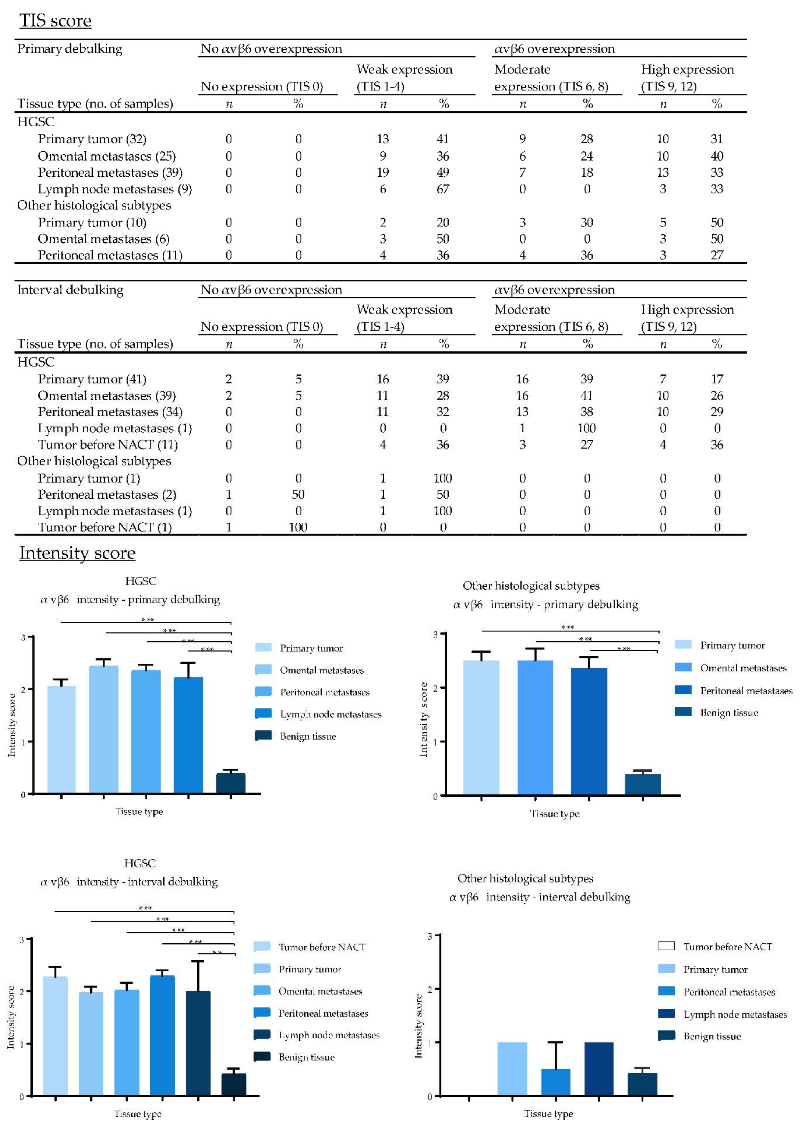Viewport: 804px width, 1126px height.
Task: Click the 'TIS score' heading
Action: [x=55, y=21]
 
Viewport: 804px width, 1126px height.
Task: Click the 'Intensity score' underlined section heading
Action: [x=77, y=553]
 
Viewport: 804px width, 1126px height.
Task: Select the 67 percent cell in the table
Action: [x=443, y=189]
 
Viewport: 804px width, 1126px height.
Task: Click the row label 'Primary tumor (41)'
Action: [x=92, y=379]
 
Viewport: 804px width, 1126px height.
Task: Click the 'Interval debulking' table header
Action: [x=70, y=289]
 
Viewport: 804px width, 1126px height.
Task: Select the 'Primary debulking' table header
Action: [x=70, y=48]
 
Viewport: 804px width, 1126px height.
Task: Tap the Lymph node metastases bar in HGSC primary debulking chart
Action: [x=188, y=735]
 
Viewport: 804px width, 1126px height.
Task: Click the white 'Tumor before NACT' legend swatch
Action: [x=666, y=946]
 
